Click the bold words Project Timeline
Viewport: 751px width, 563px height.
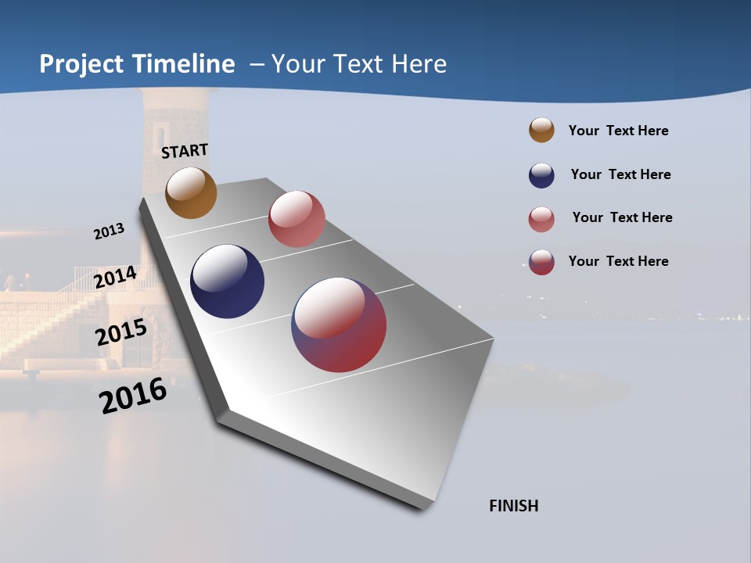pos(137,64)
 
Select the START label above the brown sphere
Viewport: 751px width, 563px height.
pos(185,151)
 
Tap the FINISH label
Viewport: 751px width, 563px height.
pos(513,506)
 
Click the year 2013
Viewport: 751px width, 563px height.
pos(109,231)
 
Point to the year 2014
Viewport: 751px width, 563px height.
pos(115,278)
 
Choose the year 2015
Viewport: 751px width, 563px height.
pos(121,332)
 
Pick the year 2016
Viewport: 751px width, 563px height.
pos(133,396)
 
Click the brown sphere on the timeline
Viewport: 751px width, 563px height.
pos(191,193)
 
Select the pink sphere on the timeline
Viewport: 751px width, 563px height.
pos(296,219)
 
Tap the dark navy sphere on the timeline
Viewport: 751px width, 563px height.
pos(227,281)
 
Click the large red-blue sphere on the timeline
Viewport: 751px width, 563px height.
pos(339,325)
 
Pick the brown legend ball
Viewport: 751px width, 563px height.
pos(541,130)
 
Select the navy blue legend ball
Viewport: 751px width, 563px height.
pos(541,175)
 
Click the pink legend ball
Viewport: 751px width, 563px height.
pos(541,219)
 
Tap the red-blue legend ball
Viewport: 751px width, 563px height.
pos(541,262)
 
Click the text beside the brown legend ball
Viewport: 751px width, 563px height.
pos(618,131)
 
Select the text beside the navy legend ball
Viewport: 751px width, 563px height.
pos(620,174)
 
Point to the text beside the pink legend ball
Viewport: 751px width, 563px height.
pos(622,217)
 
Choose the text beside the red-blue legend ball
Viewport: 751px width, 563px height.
pos(618,261)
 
